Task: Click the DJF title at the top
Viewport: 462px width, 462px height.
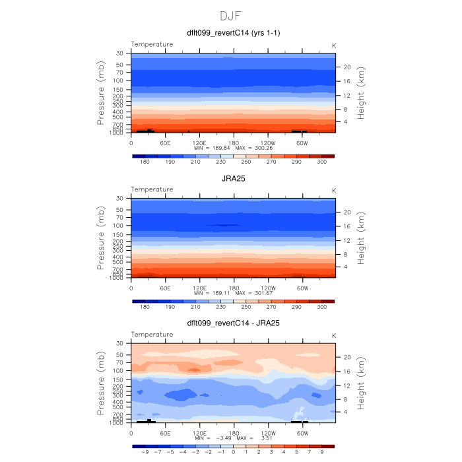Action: click(232, 15)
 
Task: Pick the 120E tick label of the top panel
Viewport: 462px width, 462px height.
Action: click(199, 142)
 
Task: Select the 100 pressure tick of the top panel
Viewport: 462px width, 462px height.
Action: click(119, 81)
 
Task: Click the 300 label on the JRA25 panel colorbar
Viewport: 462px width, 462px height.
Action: click(322, 307)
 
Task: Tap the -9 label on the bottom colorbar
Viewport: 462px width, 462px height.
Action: click(145, 452)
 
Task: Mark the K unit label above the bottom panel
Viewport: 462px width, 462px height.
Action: click(333, 335)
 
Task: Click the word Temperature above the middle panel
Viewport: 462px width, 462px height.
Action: click(152, 189)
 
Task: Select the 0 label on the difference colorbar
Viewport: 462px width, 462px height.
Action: click(233, 452)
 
